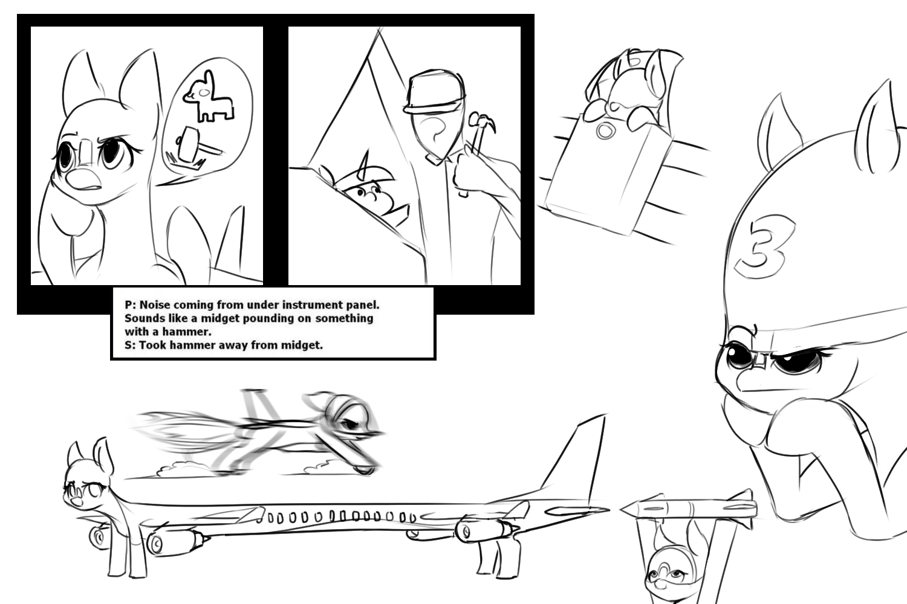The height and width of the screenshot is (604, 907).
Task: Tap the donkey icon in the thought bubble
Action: [x=208, y=96]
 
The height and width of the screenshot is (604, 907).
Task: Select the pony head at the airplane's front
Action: [x=86, y=480]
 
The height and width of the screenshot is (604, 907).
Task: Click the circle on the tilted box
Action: [x=605, y=130]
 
